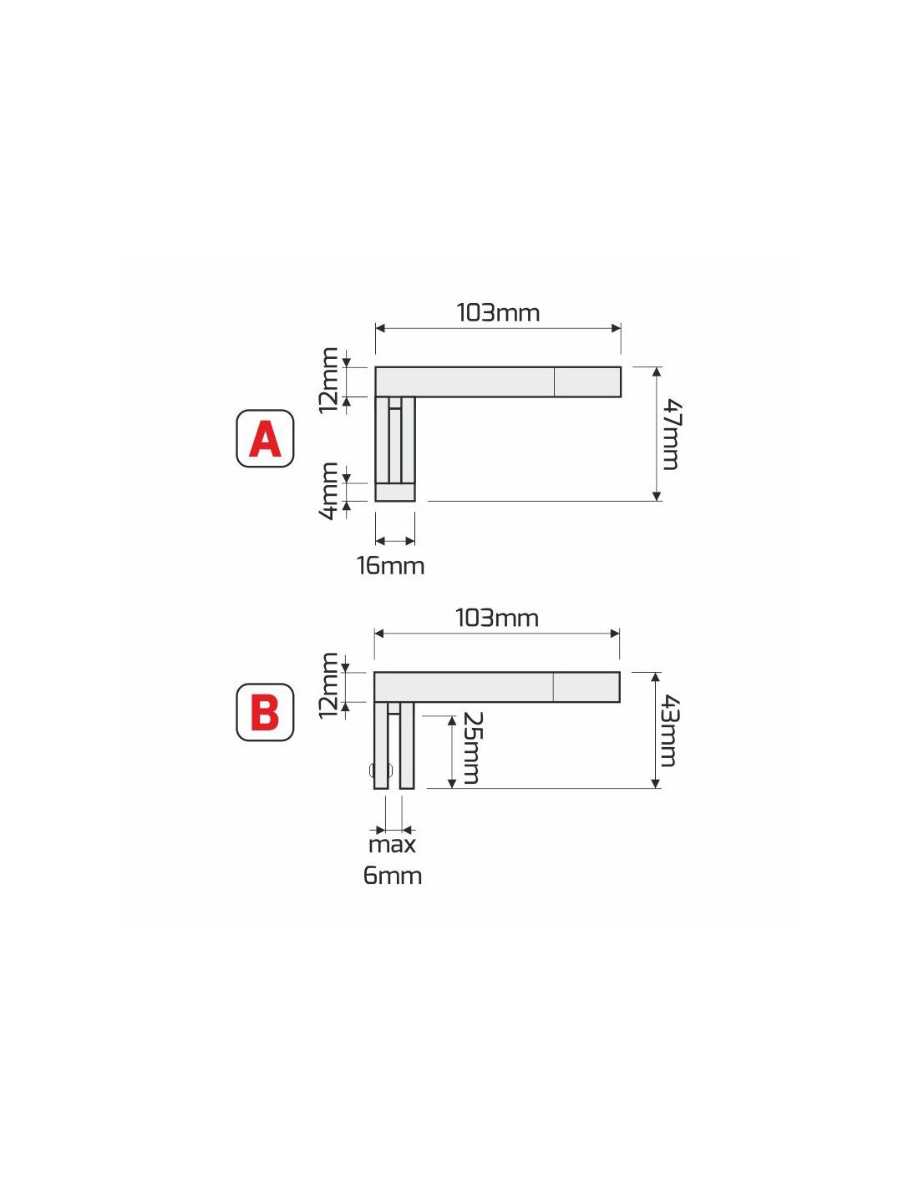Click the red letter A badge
click(x=265, y=438)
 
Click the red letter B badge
click(x=265, y=713)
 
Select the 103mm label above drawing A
click(x=498, y=313)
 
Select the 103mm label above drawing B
click(x=497, y=619)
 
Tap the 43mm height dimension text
click(x=669, y=731)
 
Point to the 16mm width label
click(x=391, y=566)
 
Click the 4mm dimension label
click(x=330, y=492)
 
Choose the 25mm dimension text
click(x=470, y=748)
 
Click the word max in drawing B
click(x=393, y=845)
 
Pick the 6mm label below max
click(x=393, y=876)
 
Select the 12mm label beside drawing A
click(x=329, y=381)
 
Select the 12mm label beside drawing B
click(x=329, y=686)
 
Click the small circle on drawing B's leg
click(x=381, y=770)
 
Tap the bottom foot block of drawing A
click(x=395, y=492)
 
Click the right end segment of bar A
click(x=587, y=381)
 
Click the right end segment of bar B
click(x=586, y=687)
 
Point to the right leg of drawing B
click(x=407, y=745)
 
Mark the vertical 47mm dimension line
click(x=657, y=434)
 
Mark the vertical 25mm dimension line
click(x=452, y=751)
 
